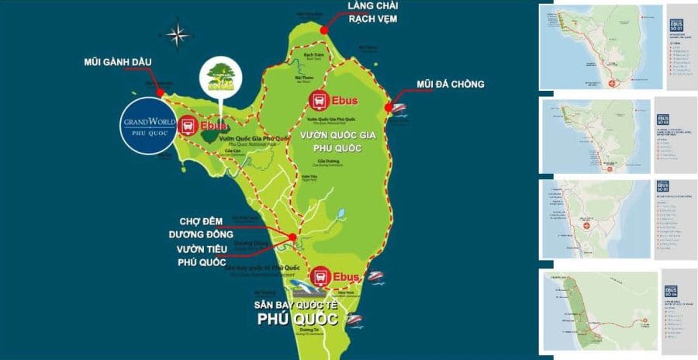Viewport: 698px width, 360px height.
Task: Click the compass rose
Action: (x=178, y=34)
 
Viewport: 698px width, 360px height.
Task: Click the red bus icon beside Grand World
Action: (x=188, y=126)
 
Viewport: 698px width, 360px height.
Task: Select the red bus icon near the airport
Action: (x=320, y=276)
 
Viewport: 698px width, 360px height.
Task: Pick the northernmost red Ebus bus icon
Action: (x=320, y=100)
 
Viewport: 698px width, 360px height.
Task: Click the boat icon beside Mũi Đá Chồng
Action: (x=399, y=108)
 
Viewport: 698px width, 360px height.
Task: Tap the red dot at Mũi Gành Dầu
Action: (x=160, y=92)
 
